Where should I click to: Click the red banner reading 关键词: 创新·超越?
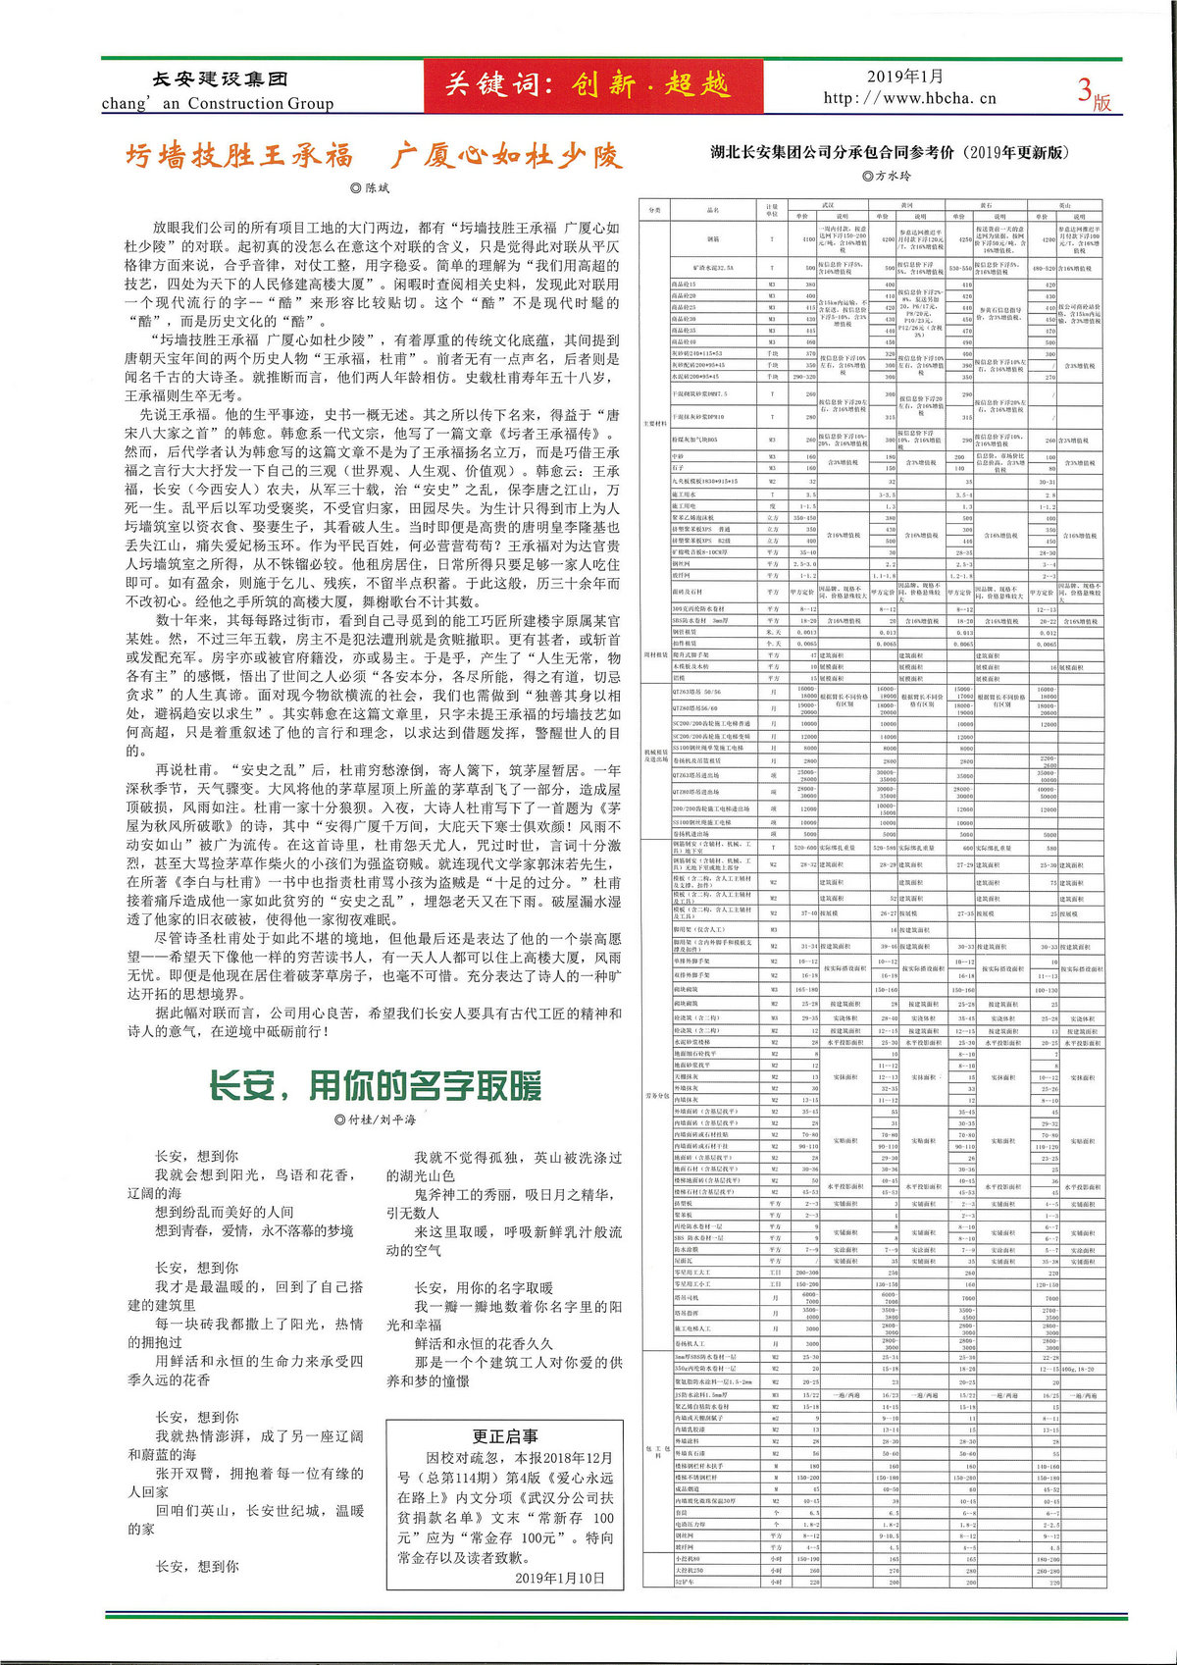(x=586, y=85)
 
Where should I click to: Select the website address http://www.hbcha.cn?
(x=909, y=98)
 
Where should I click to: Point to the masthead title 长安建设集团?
(x=220, y=79)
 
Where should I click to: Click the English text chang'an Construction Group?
(x=218, y=103)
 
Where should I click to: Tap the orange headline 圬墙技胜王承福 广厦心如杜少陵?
(x=373, y=156)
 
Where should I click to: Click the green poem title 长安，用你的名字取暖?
(x=375, y=1086)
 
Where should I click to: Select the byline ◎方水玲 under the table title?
(x=886, y=176)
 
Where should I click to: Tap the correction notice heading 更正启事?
(x=505, y=1435)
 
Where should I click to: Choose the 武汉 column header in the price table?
(x=827, y=205)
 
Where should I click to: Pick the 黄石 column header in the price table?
(x=984, y=205)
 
